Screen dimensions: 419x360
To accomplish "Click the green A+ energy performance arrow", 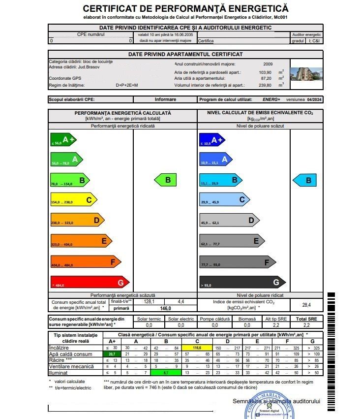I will (62, 140).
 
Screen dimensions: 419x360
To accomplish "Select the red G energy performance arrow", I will (89, 283).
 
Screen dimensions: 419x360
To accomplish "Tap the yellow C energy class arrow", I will (73, 200).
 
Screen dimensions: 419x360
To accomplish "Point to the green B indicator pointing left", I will (166, 180).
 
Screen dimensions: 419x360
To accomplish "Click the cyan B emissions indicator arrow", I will (305, 180).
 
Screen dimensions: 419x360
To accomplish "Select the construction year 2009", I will (268, 64).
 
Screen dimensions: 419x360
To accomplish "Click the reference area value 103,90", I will (266, 72).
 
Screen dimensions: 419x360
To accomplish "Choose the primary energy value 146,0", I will (165, 308).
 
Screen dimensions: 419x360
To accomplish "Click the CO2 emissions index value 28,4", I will (306, 305).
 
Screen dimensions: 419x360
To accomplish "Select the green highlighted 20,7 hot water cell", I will (111, 354).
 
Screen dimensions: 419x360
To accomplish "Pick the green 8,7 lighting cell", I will (166, 373).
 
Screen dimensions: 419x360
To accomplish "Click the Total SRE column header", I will (306, 319).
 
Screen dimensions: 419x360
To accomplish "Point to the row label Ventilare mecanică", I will (72, 366).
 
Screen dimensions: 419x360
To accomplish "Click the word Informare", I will (165, 99).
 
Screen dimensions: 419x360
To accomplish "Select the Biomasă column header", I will (247, 319).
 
